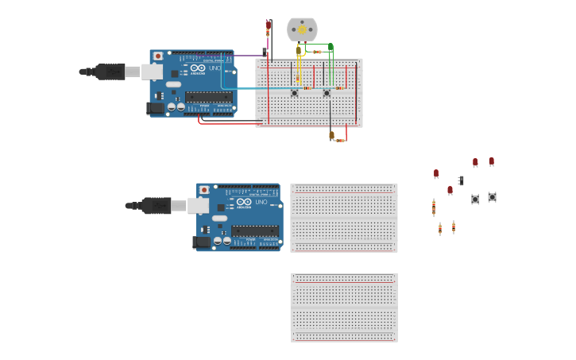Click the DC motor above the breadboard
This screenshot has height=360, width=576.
[x=302, y=29]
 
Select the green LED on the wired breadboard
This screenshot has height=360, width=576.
[x=331, y=48]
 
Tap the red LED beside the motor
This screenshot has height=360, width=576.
[x=268, y=24]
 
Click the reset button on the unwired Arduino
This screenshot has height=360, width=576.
[x=204, y=191]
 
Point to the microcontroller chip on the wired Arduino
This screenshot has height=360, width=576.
[x=209, y=97]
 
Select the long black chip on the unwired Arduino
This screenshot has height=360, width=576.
[x=255, y=230]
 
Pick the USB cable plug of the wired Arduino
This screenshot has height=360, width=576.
[x=110, y=72]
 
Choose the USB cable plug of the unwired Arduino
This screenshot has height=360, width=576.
[x=157, y=206]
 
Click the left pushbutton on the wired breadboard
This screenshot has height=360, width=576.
[x=294, y=93]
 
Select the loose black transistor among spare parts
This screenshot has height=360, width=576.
[x=461, y=181]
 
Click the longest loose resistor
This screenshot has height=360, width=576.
[x=433, y=207]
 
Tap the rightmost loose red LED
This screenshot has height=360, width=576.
[x=491, y=161]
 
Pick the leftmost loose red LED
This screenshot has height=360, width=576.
[x=436, y=173]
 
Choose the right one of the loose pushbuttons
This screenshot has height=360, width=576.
[x=492, y=196]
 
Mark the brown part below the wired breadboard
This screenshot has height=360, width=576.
[x=331, y=136]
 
